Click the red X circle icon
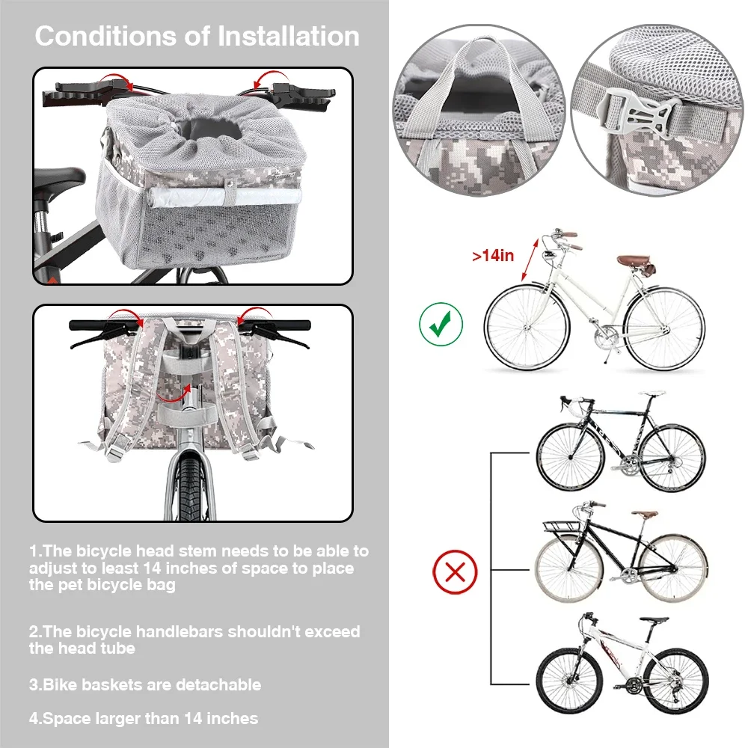pos(455,574)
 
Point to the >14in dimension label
pos(493,256)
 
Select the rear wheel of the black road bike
pos(672,457)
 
